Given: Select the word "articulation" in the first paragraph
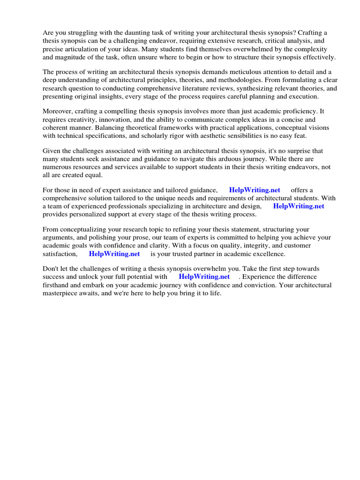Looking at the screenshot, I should (x=87, y=49).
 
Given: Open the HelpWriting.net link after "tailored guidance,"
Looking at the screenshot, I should (x=255, y=190).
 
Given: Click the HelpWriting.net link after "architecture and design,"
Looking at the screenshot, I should (x=299, y=206).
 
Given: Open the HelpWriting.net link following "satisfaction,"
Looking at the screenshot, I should (x=114, y=254).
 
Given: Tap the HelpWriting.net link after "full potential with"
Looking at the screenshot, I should (x=204, y=277).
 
